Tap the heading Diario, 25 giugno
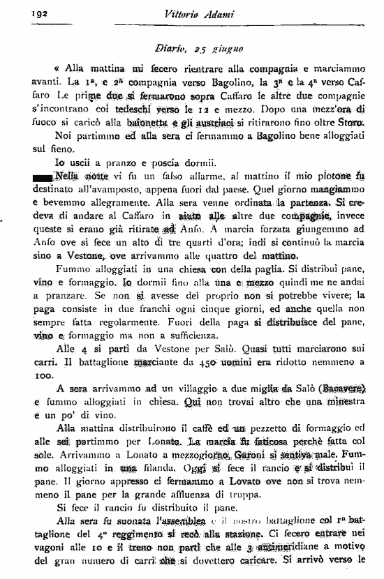tap(198, 49)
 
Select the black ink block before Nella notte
tap(42, 176)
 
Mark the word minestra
tap(342, 401)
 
